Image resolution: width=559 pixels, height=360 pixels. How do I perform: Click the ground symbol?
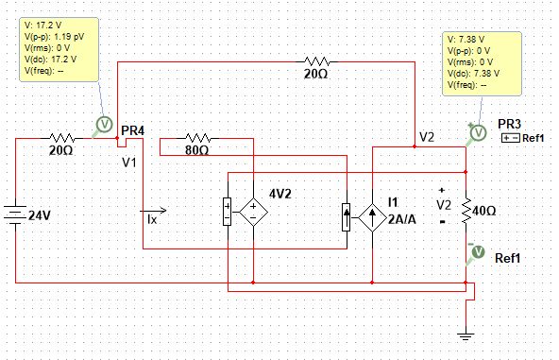pyautogui.click(x=465, y=333)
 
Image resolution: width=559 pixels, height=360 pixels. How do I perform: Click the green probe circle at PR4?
pyautogui.click(x=106, y=124)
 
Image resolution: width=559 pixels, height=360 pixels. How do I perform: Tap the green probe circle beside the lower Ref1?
pyautogui.click(x=477, y=251)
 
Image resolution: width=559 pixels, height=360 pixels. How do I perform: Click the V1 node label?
pyautogui.click(x=129, y=162)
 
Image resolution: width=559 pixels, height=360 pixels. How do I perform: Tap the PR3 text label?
pyautogui.click(x=509, y=124)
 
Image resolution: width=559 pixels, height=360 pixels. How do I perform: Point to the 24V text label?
pyautogui.click(x=39, y=215)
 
